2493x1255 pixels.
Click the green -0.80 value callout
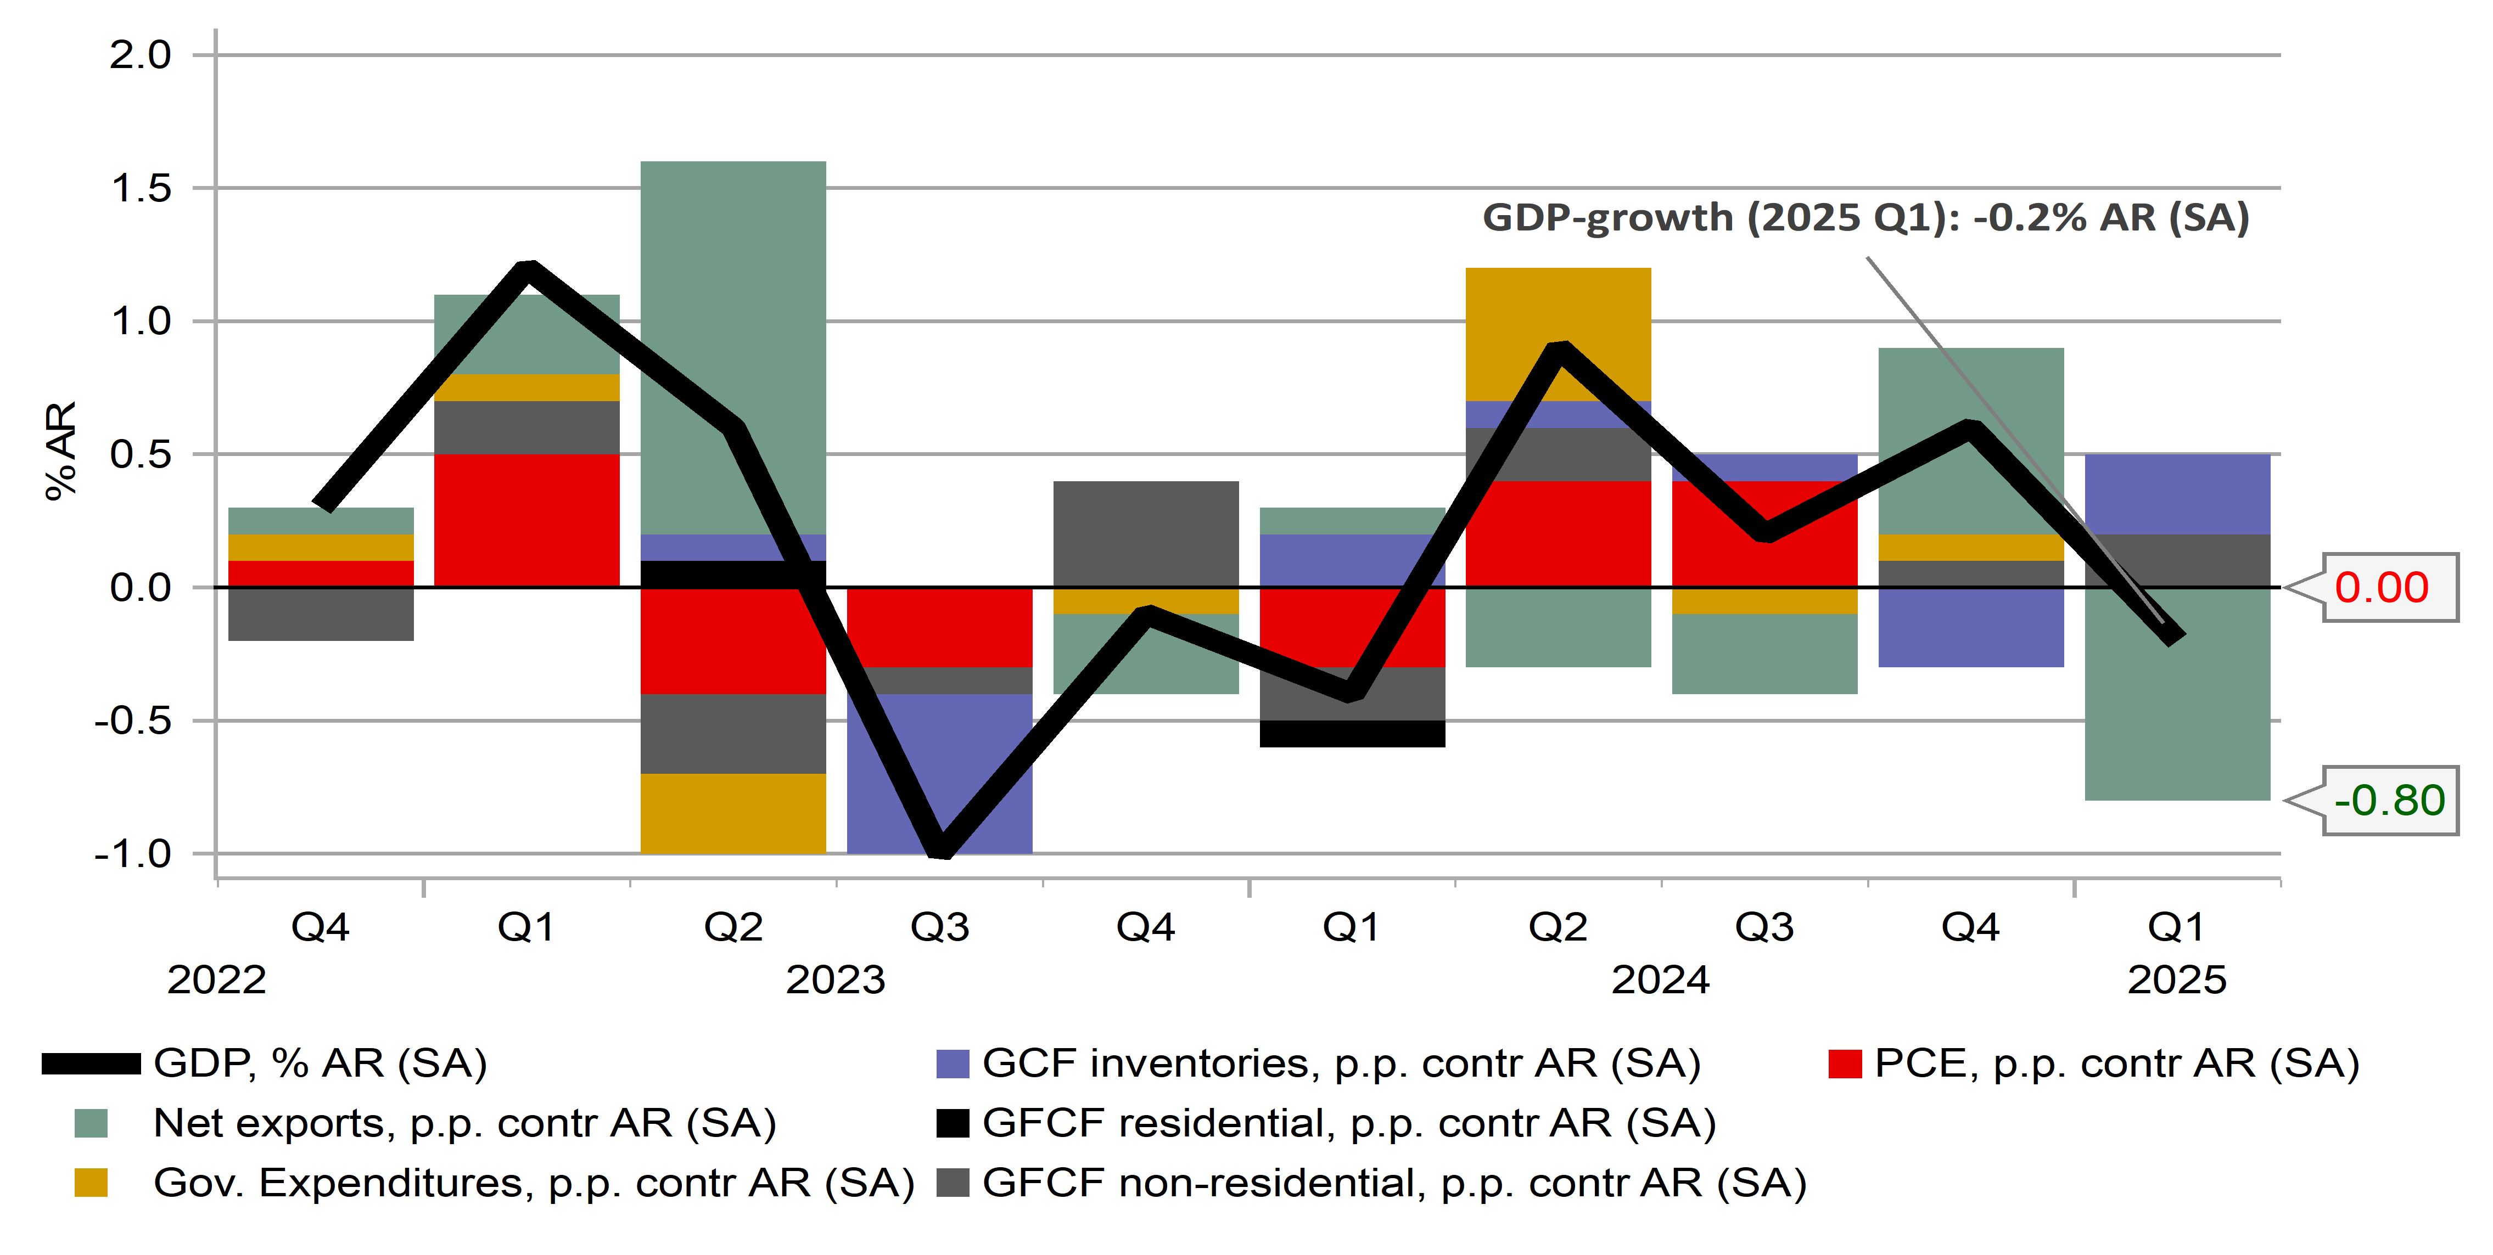[x=2389, y=800]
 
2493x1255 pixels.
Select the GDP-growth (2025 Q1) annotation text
[x=1865, y=218]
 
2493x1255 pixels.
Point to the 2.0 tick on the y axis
[x=141, y=55]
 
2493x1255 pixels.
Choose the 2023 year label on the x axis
[x=835, y=980]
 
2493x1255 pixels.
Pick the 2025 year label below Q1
[x=2177, y=980]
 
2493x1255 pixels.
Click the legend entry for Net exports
[x=464, y=1123]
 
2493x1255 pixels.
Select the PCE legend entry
[x=2116, y=1063]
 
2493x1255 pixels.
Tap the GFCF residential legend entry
[x=1348, y=1123]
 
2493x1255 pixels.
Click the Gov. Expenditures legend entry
[x=533, y=1184]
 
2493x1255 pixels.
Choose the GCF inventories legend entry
[x=1340, y=1063]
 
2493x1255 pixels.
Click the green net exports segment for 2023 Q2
[x=732, y=339]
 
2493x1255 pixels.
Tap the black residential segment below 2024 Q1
[x=1352, y=734]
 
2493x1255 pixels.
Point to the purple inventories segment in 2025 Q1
[x=2177, y=493]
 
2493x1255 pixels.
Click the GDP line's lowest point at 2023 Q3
[x=940, y=848]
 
